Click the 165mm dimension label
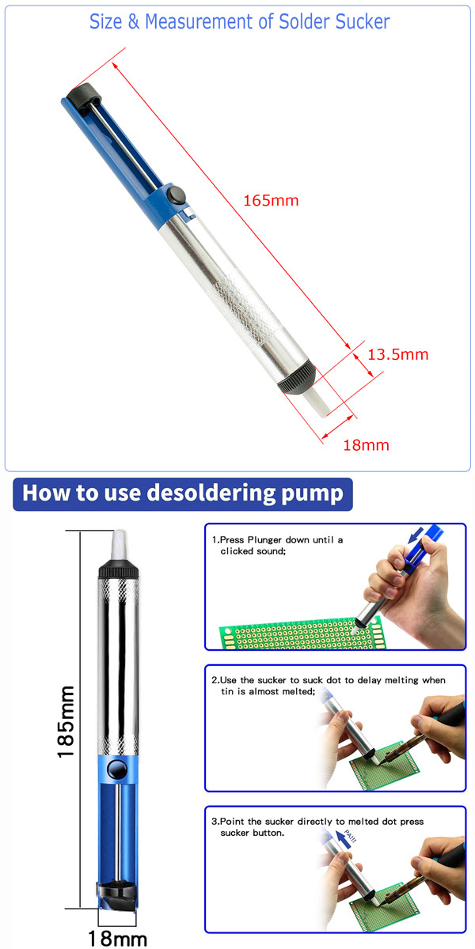[x=271, y=200]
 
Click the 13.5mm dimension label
[x=397, y=354]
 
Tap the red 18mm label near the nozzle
[x=366, y=445]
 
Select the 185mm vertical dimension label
[x=66, y=722]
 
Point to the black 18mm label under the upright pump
[x=117, y=938]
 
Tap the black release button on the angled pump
[x=176, y=194]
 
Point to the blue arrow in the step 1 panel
[x=416, y=535]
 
